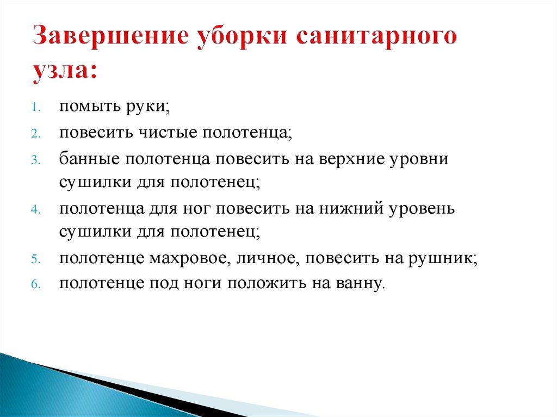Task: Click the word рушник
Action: coord(442,259)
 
